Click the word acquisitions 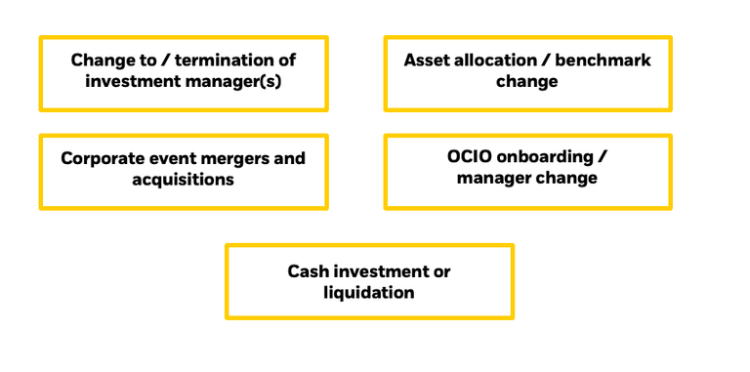[184, 180]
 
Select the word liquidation [369, 293]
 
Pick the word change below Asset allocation [527, 82]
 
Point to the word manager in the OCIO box [493, 179]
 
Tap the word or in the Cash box [441, 271]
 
